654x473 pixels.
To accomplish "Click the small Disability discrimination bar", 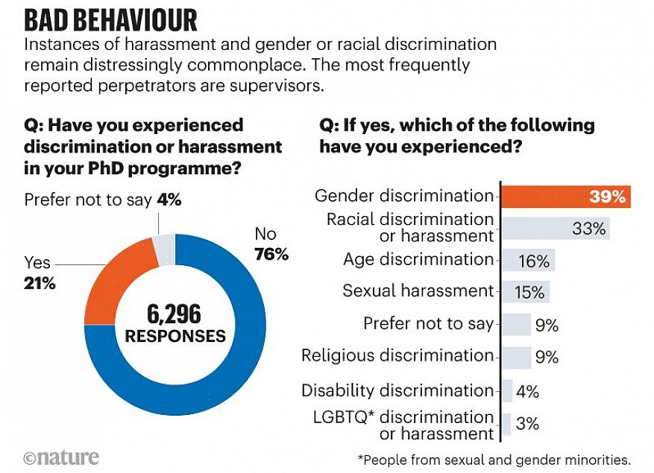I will pyautogui.click(x=507, y=390).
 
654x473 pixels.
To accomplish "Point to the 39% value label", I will pyautogui.click(x=606, y=197).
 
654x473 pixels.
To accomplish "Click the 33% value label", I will pyautogui.click(x=588, y=229).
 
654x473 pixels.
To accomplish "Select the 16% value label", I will pyautogui.click(x=533, y=261).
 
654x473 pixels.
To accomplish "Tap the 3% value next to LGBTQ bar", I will pyautogui.click(x=527, y=425).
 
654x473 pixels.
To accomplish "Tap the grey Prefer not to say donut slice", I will pyautogui.click(x=165, y=250).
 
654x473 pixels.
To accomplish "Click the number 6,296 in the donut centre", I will pyautogui.click(x=174, y=314).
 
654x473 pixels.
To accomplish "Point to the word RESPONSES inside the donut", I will pyautogui.click(x=174, y=336).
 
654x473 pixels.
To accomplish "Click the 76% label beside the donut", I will pyautogui.click(x=271, y=255).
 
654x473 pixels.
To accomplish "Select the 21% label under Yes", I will pyautogui.click(x=40, y=283).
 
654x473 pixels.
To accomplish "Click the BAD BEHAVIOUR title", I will pyautogui.click(x=111, y=19).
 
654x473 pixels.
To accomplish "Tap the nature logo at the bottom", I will pyautogui.click(x=61, y=457).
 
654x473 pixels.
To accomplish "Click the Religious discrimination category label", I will pyautogui.click(x=397, y=355).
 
